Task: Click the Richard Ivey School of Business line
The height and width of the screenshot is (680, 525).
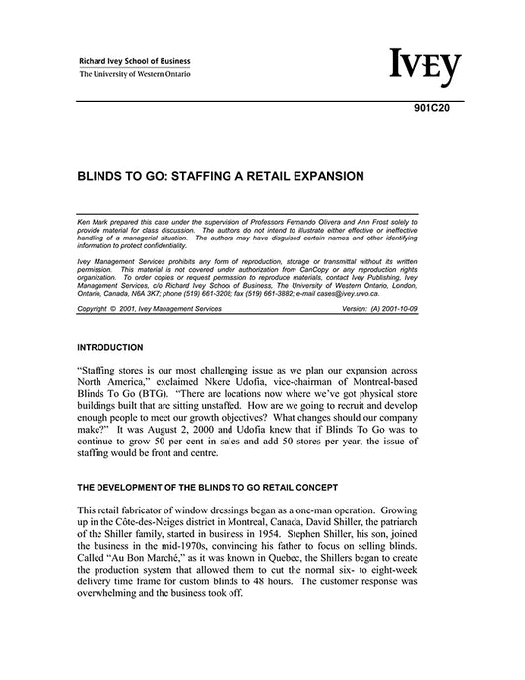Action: [135, 60]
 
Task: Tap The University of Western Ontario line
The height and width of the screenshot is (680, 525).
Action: [135, 74]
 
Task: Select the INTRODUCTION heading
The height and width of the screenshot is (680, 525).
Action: [109, 347]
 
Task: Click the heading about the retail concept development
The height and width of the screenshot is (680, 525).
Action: [207, 489]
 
